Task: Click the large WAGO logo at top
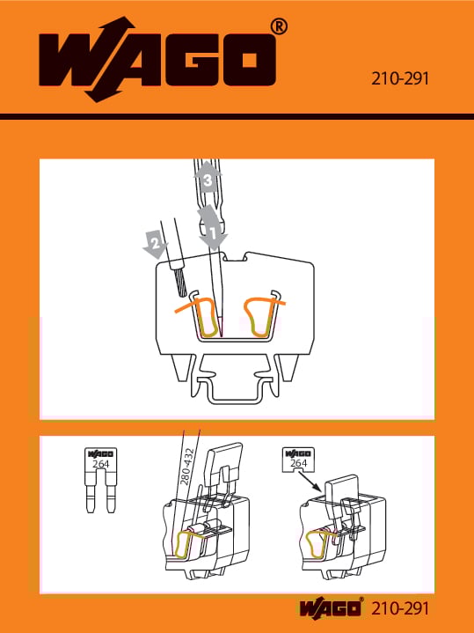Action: (x=157, y=59)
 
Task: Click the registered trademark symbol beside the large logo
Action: (x=279, y=27)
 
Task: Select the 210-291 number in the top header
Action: (x=400, y=78)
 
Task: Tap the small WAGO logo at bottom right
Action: (x=330, y=608)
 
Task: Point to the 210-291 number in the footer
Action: (x=400, y=608)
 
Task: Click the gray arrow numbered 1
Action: (x=212, y=228)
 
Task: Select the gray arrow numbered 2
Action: (x=156, y=244)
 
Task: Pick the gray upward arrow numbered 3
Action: (x=208, y=176)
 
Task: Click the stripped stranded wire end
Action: (x=180, y=283)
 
